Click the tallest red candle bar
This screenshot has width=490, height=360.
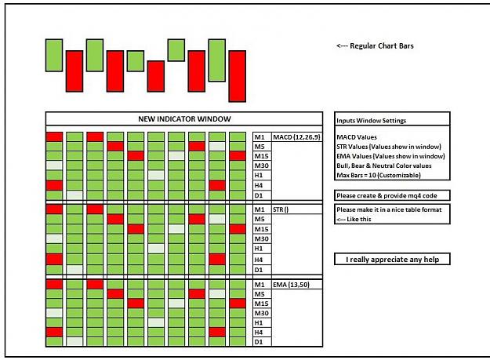(238, 76)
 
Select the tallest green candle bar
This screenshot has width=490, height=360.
(217, 60)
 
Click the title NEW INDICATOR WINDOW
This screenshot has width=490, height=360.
(184, 119)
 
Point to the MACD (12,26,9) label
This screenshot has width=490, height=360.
(296, 137)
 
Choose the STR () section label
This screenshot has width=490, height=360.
(281, 209)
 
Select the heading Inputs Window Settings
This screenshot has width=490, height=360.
(372, 121)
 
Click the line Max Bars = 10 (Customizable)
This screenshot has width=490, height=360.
(379, 176)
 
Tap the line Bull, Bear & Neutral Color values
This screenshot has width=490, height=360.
(384, 165)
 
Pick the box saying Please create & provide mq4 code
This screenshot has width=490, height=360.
(392, 195)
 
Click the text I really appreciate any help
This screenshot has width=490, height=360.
(392, 260)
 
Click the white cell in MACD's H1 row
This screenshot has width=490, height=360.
(156, 175)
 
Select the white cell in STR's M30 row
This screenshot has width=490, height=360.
(54, 238)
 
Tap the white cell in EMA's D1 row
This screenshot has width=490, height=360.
(74, 341)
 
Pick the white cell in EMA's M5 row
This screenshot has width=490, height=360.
(217, 294)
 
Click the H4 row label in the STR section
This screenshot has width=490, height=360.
(259, 260)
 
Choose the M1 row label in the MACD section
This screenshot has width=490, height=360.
(260, 137)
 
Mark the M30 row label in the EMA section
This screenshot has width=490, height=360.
(262, 313)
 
